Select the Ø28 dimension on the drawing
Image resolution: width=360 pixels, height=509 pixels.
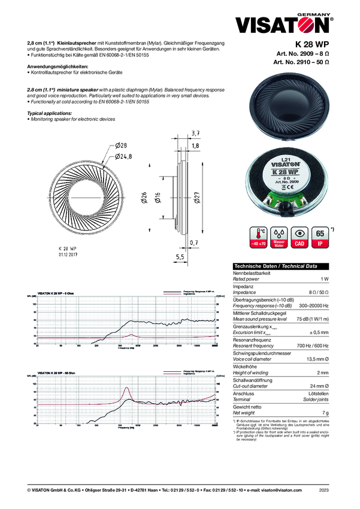(120, 146)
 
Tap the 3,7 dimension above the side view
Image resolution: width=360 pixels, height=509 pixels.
(195, 132)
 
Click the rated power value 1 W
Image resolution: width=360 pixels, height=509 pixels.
(324, 279)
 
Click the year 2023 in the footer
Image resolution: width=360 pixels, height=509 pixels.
(324, 490)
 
